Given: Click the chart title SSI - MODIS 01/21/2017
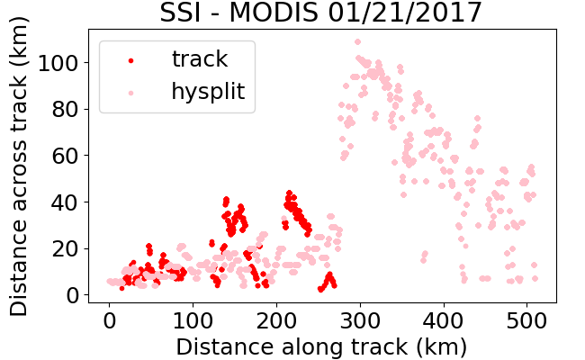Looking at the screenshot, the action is pyautogui.click(x=320, y=13).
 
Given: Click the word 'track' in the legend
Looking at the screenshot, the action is pyautogui.click(x=200, y=58).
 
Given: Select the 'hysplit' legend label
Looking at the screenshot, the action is pyautogui.click(x=208, y=92).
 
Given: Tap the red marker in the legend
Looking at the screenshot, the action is pyautogui.click(x=131, y=60).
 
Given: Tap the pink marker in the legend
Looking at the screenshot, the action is pyautogui.click(x=131, y=93).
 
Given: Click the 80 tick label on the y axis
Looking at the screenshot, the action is pyautogui.click(x=65, y=110).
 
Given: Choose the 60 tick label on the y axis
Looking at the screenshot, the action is pyautogui.click(x=65, y=156).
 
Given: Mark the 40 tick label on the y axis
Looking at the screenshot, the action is pyautogui.click(x=65, y=202).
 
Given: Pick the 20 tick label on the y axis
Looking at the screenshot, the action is pyautogui.click(x=65, y=248).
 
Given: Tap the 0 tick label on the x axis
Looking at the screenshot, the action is pyautogui.click(x=109, y=320).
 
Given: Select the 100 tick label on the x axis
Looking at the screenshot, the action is pyautogui.click(x=193, y=320).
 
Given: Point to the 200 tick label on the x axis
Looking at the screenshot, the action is pyautogui.click(x=276, y=320).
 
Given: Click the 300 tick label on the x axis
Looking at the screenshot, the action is pyautogui.click(x=360, y=320).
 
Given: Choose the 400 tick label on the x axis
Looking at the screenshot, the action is pyautogui.click(x=444, y=320).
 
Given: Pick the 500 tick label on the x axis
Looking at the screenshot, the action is pyautogui.click(x=526, y=320).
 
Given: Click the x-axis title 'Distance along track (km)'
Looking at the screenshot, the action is pyautogui.click(x=321, y=347).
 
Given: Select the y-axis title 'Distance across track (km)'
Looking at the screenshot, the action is pyautogui.click(x=19, y=166).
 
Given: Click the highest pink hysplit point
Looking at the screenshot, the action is pyautogui.click(x=358, y=41).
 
